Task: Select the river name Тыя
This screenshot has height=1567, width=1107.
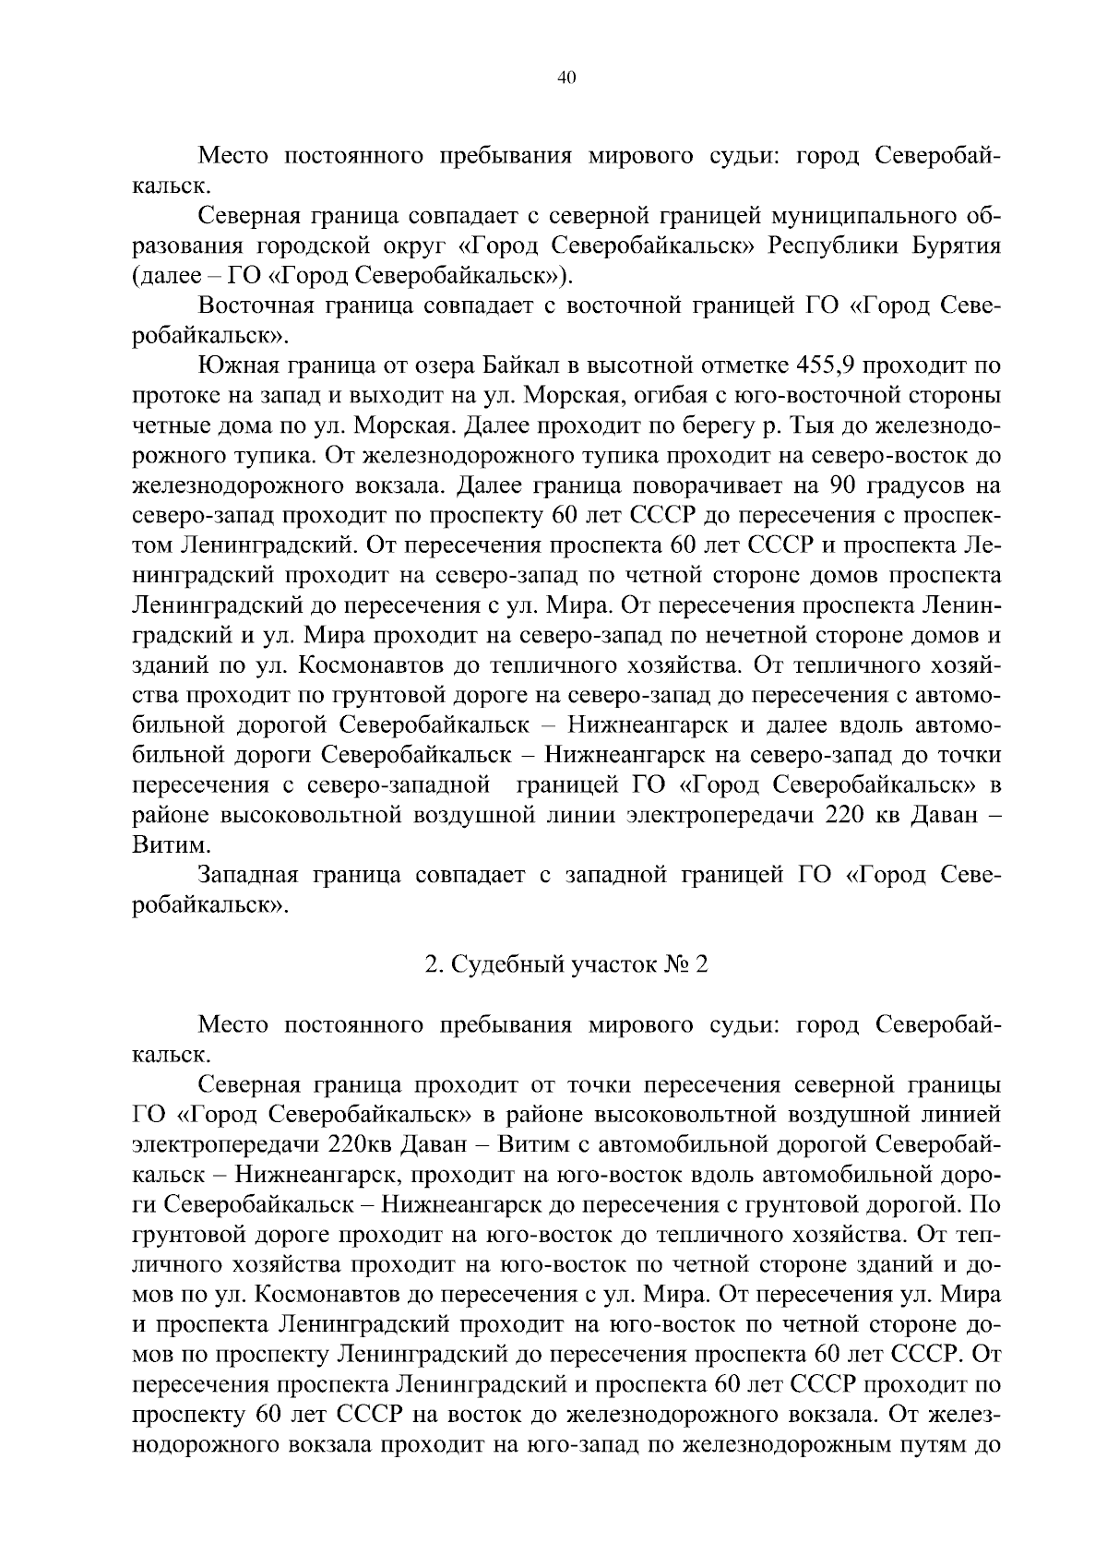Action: point(808,426)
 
